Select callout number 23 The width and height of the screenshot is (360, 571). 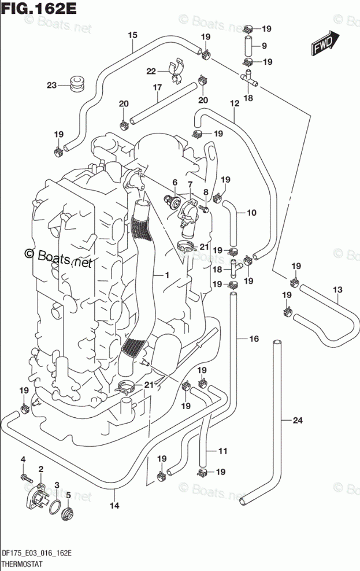51,86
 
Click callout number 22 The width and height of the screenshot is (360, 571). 151,71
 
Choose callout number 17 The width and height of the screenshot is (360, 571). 156,88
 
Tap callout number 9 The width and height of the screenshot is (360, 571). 263,46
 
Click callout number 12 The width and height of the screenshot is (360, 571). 234,104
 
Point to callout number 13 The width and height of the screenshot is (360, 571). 337,289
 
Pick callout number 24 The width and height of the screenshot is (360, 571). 297,420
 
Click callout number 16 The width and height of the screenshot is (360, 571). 254,339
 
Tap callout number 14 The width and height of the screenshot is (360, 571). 114,506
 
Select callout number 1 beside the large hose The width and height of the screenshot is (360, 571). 166,276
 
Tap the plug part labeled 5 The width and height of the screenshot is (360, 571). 69,513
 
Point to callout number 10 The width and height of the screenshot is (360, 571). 251,213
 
